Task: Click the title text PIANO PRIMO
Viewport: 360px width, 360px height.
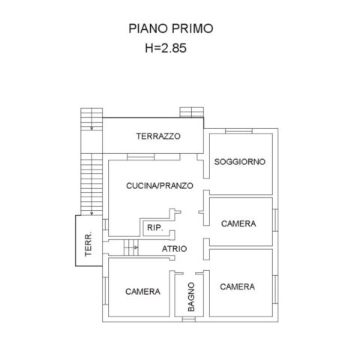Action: [x=171, y=28]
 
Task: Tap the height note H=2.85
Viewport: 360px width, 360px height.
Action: [x=166, y=48]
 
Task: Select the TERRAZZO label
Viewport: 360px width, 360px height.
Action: [x=158, y=136]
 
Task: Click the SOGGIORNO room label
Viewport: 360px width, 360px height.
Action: [x=239, y=162]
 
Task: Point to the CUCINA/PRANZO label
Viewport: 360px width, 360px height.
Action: [x=160, y=186]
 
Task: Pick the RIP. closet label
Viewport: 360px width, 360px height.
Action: [x=155, y=228]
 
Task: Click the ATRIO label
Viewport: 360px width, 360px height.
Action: [x=174, y=249]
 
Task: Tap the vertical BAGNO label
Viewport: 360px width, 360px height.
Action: [x=191, y=297]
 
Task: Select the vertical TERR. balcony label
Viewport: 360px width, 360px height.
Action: [x=88, y=244]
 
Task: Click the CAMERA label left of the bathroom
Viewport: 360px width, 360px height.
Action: [x=142, y=292]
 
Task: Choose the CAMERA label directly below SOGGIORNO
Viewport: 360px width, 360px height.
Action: [x=238, y=223]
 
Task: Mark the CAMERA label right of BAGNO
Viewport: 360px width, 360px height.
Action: [x=238, y=286]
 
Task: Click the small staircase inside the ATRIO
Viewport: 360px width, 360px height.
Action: [x=131, y=247]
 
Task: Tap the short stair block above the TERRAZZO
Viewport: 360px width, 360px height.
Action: [x=192, y=112]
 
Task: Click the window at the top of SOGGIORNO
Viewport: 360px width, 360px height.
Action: [x=238, y=131]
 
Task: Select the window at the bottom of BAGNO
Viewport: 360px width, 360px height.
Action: [x=189, y=319]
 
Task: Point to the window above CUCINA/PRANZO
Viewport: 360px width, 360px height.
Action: [x=141, y=157]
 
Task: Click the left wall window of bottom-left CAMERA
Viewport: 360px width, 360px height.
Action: [x=105, y=291]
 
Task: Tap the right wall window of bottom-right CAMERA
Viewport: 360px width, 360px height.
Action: [x=275, y=289]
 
